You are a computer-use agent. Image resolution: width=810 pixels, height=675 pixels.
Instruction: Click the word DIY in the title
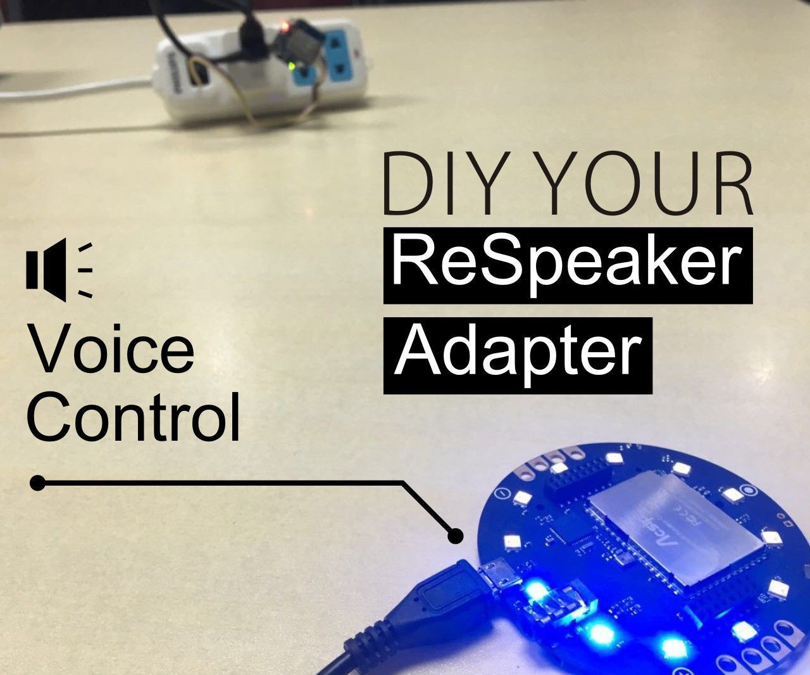426,184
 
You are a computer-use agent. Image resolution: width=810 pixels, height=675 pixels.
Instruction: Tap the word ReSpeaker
568,263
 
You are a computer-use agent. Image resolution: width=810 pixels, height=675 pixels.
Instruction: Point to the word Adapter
518,354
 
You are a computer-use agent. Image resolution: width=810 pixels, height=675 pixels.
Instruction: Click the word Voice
111,351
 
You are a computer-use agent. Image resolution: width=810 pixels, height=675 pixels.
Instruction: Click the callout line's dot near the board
454,536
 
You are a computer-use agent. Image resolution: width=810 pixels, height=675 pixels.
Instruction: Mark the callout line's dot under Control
37,483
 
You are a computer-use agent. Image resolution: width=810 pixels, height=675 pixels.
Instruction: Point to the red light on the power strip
285,27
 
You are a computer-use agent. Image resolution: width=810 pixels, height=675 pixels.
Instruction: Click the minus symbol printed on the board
501,493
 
